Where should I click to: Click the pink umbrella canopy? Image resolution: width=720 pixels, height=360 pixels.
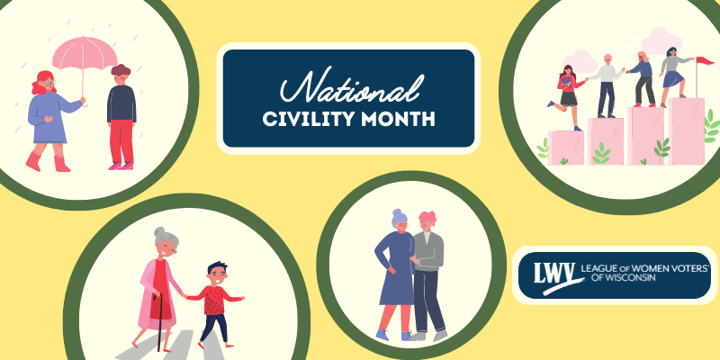point(85,53)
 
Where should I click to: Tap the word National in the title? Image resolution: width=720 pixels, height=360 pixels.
point(351,86)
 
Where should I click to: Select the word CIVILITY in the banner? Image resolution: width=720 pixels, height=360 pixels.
point(308,119)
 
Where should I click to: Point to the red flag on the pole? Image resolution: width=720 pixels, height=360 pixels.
point(706,60)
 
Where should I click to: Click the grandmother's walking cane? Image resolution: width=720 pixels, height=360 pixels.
point(159,321)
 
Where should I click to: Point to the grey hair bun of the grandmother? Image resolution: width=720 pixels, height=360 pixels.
point(159,230)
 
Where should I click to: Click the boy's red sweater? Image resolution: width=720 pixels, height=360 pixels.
point(214,300)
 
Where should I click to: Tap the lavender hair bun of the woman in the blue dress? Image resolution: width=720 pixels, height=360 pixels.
point(397,212)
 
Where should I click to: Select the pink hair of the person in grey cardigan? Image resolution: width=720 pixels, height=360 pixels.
point(427,218)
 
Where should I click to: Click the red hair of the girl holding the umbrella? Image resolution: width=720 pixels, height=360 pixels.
point(42,83)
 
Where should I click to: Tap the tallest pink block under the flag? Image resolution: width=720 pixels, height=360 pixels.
point(687,130)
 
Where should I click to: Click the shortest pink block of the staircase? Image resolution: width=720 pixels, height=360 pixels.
point(566,148)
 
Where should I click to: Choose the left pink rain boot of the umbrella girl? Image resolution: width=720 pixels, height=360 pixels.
point(33,161)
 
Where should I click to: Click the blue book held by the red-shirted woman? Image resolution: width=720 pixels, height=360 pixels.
point(566,82)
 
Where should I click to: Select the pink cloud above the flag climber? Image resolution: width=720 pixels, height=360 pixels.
point(661,40)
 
